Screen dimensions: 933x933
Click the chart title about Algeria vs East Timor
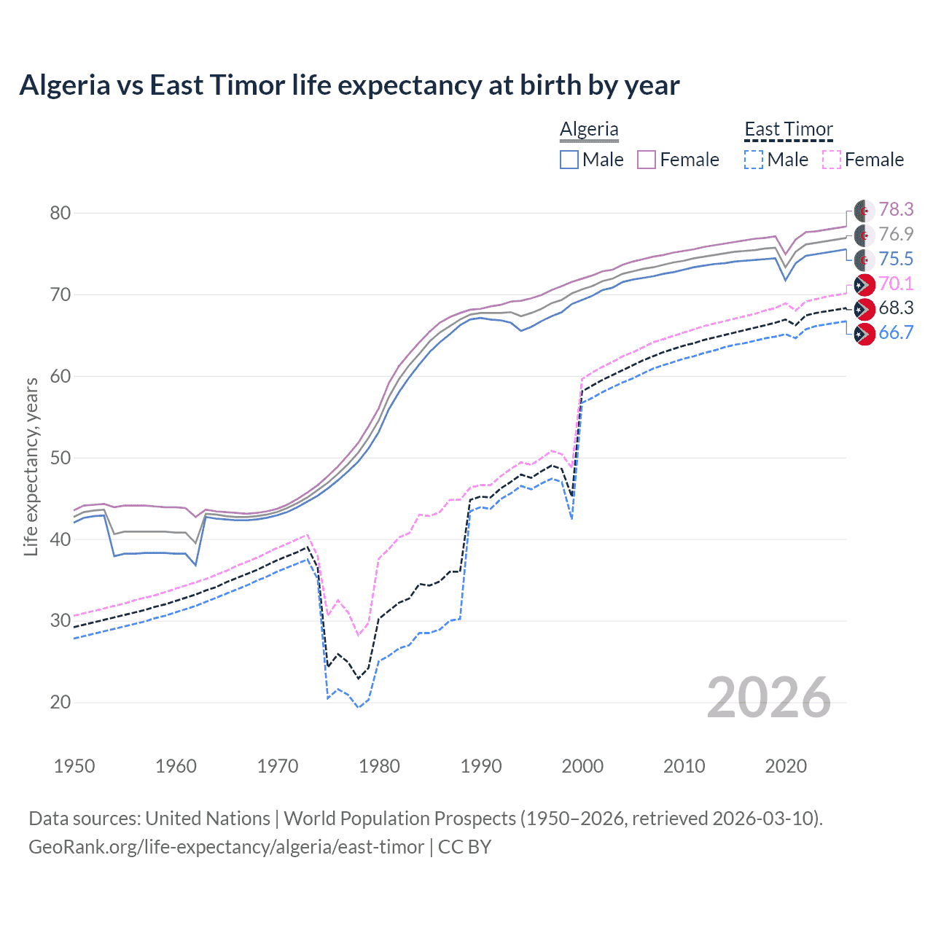[349, 85]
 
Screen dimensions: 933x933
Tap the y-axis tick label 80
[60, 213]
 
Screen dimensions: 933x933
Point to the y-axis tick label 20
[60, 702]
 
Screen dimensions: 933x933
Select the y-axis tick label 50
[60, 458]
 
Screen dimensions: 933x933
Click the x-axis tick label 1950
[74, 766]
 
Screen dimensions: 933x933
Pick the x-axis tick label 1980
[379, 766]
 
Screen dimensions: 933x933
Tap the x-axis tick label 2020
[786, 766]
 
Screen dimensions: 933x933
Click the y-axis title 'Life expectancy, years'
[31, 466]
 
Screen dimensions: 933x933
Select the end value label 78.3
[896, 210]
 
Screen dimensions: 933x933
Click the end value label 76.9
[896, 234]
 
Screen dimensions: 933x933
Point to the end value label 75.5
[896, 259]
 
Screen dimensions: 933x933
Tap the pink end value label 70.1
[896, 284]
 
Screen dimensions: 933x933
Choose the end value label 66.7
[896, 333]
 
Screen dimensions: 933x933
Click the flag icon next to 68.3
[864, 309]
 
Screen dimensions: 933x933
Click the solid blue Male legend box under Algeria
[569, 160]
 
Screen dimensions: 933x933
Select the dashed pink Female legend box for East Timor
[832, 160]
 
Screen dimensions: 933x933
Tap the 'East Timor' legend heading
[788, 129]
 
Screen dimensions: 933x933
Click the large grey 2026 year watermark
[769, 698]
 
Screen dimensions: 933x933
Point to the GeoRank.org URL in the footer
[226, 847]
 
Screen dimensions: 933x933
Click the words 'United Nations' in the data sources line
[208, 819]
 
